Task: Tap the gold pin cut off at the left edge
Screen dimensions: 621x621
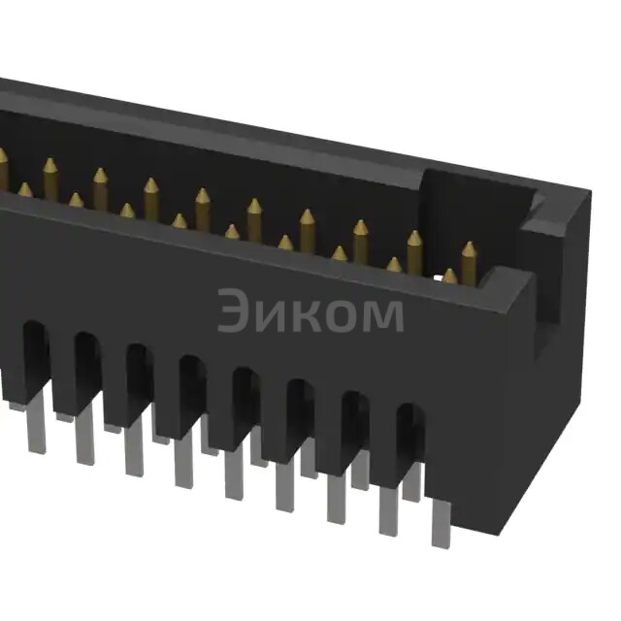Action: [x=3, y=167]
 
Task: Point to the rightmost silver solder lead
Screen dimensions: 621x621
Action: [x=441, y=524]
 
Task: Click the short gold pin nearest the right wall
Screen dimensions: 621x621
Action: [x=449, y=277]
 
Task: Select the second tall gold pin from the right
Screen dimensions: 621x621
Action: [x=414, y=249]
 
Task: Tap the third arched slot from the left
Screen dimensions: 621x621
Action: [x=139, y=378]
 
